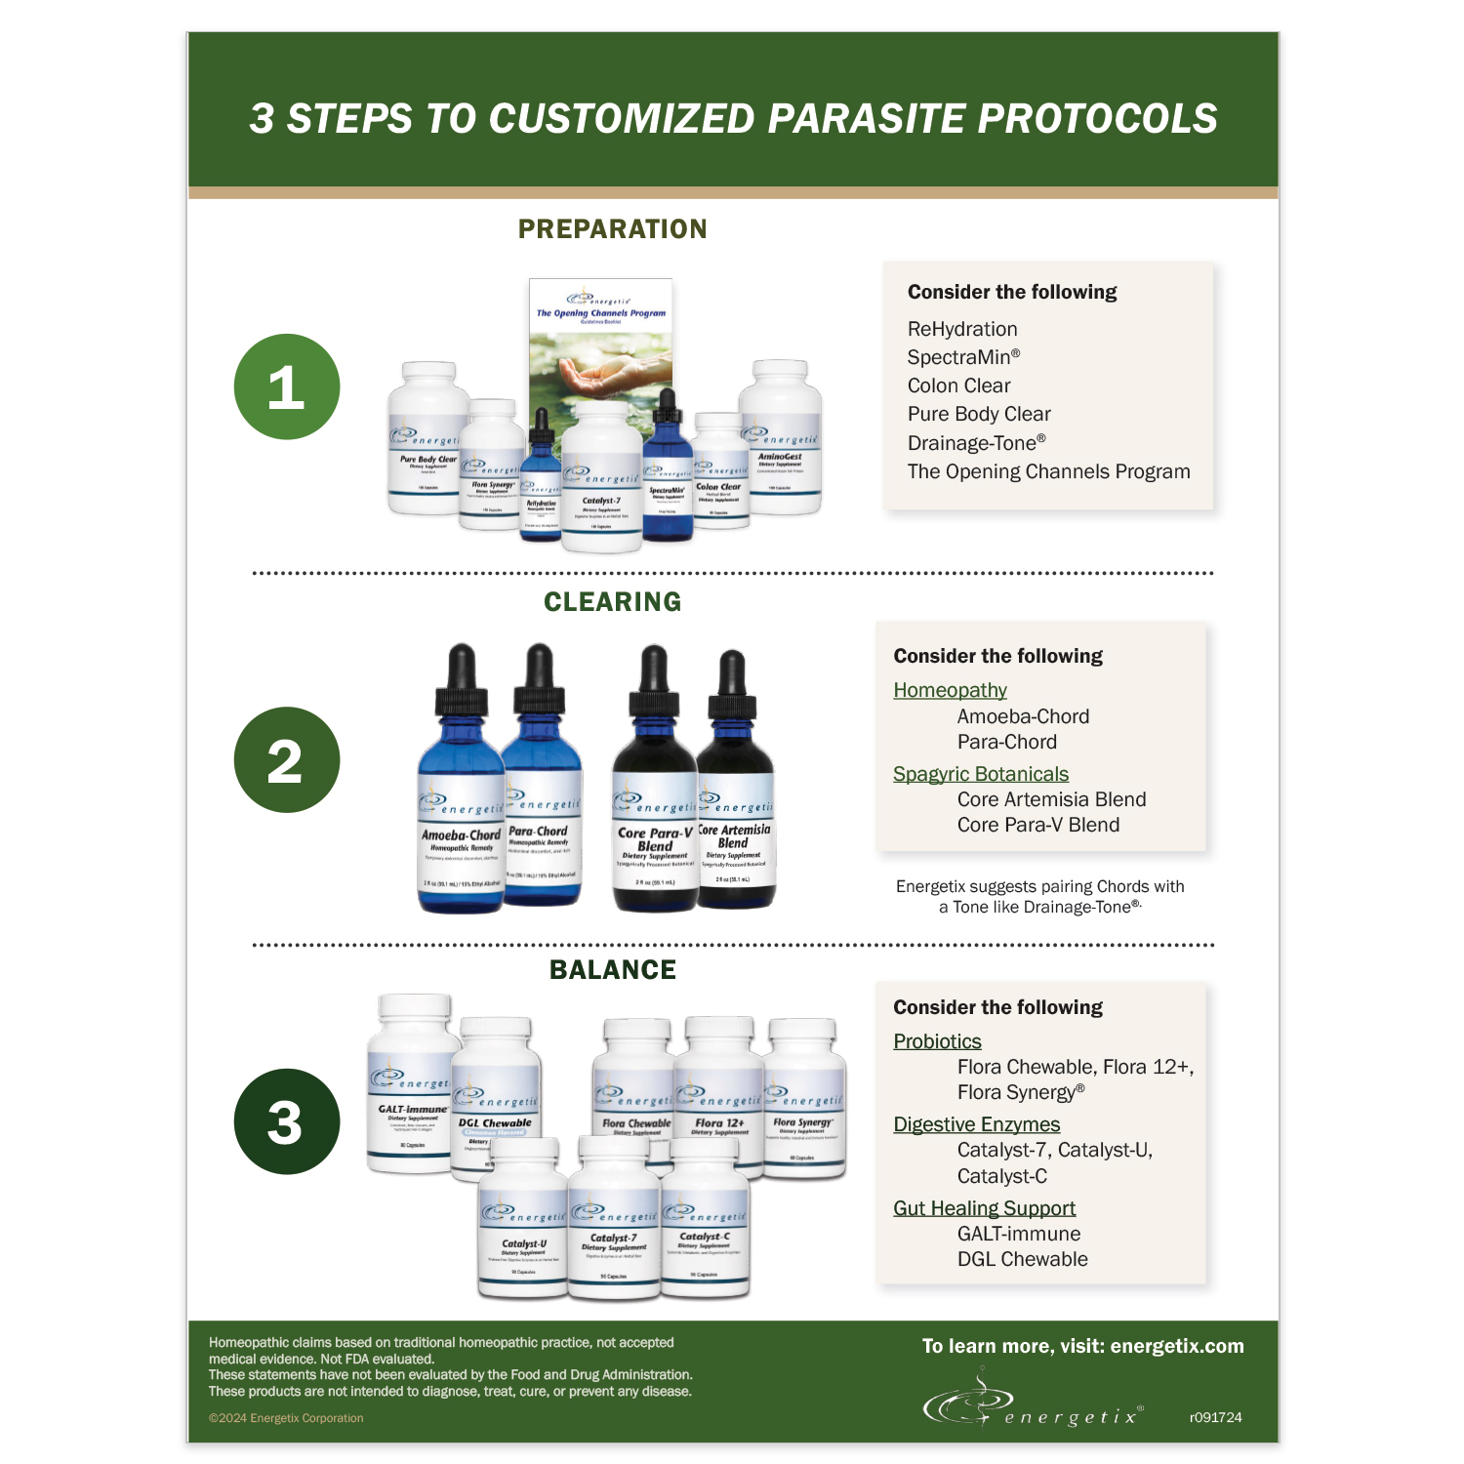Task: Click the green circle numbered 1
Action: (x=287, y=386)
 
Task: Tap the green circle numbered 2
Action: (x=287, y=759)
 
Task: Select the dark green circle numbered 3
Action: (x=287, y=1121)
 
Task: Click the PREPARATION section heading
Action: (x=612, y=229)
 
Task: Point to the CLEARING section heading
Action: (x=612, y=602)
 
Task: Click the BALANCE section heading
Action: (x=612, y=970)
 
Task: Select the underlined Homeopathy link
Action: (x=950, y=690)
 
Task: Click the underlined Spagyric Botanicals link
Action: (x=980, y=774)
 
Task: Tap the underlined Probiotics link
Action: (x=937, y=1041)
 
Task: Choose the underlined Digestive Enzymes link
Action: (x=976, y=1124)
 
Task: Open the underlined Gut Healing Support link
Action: (x=984, y=1208)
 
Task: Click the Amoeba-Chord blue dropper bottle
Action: (x=460, y=800)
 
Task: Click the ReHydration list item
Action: (x=961, y=329)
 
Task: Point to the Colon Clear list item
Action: (x=958, y=386)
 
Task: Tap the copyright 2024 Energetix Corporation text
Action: (x=286, y=1418)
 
